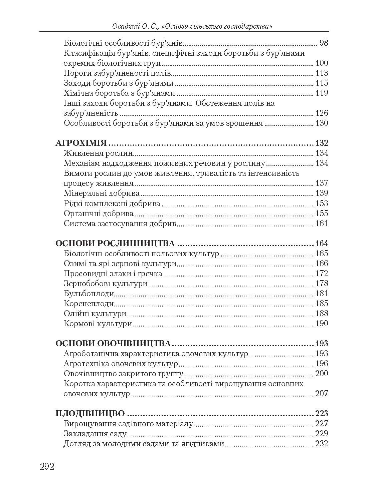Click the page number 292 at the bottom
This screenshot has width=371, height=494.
pyautogui.click(x=47, y=466)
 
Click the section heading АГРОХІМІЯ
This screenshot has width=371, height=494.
pyautogui.click(x=80, y=143)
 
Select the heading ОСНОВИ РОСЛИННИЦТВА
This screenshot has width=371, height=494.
pyautogui.click(x=115, y=243)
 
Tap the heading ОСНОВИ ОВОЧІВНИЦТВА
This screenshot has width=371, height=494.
pyautogui.click(x=113, y=344)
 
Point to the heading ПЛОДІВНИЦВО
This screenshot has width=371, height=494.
pyautogui.click(x=90, y=414)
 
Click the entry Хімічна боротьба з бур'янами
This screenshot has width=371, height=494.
pyautogui.click(x=119, y=93)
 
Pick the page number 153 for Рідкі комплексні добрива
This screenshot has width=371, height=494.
pyautogui.click(x=322, y=203)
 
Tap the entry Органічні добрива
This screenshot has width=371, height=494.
pyautogui.click(x=99, y=213)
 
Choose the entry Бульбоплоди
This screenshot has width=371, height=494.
pyautogui.click(x=89, y=294)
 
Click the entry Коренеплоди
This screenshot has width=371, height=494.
pyautogui.click(x=89, y=304)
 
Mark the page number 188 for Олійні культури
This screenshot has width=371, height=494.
pyautogui.click(x=322, y=314)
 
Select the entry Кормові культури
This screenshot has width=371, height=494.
pyautogui.click(x=98, y=324)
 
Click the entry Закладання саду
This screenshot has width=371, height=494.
pyautogui.click(x=95, y=434)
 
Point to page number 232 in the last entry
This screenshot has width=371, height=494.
pyautogui.click(x=322, y=444)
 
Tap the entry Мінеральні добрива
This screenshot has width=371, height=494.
pyautogui.click(x=102, y=193)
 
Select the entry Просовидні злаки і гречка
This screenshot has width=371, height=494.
pyautogui.click(x=113, y=274)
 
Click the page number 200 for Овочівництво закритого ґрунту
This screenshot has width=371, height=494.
pyautogui.click(x=322, y=374)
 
